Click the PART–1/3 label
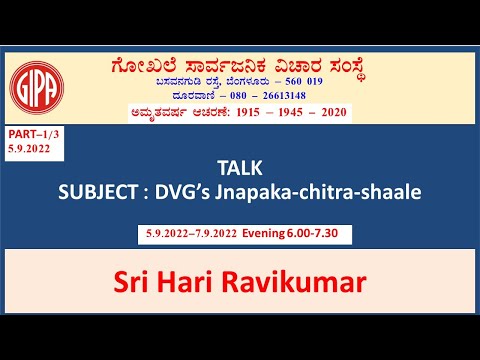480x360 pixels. pyautogui.click(x=31, y=135)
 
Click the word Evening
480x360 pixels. pyautogui.click(x=269, y=236)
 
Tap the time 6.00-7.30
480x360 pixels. pyautogui.click(x=321, y=236)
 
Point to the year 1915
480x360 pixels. pyautogui.click(x=232, y=112)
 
